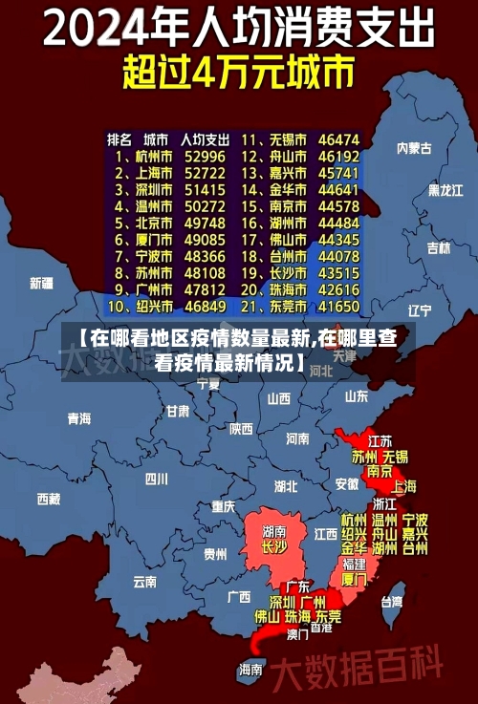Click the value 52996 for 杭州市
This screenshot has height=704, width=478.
click(x=205, y=156)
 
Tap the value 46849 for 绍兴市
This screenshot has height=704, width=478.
click(x=205, y=307)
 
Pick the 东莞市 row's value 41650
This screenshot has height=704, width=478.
click(x=337, y=307)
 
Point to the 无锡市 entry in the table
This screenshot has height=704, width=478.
click(x=285, y=139)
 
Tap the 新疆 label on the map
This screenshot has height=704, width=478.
click(x=41, y=283)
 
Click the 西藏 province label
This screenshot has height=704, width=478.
click(x=48, y=498)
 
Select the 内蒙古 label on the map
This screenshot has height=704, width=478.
click(x=414, y=148)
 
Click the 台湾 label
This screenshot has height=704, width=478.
click(x=392, y=602)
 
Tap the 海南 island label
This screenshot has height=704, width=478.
click(x=250, y=669)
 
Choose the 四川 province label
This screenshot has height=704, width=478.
click(x=156, y=479)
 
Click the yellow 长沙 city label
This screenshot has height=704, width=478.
click(x=273, y=548)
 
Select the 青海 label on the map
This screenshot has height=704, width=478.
click(x=78, y=417)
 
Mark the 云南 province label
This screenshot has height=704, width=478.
click(x=144, y=581)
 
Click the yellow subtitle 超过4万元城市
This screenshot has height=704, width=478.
click(x=238, y=71)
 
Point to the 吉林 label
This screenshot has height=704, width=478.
click(x=438, y=247)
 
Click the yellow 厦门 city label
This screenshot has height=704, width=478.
click(x=354, y=579)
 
